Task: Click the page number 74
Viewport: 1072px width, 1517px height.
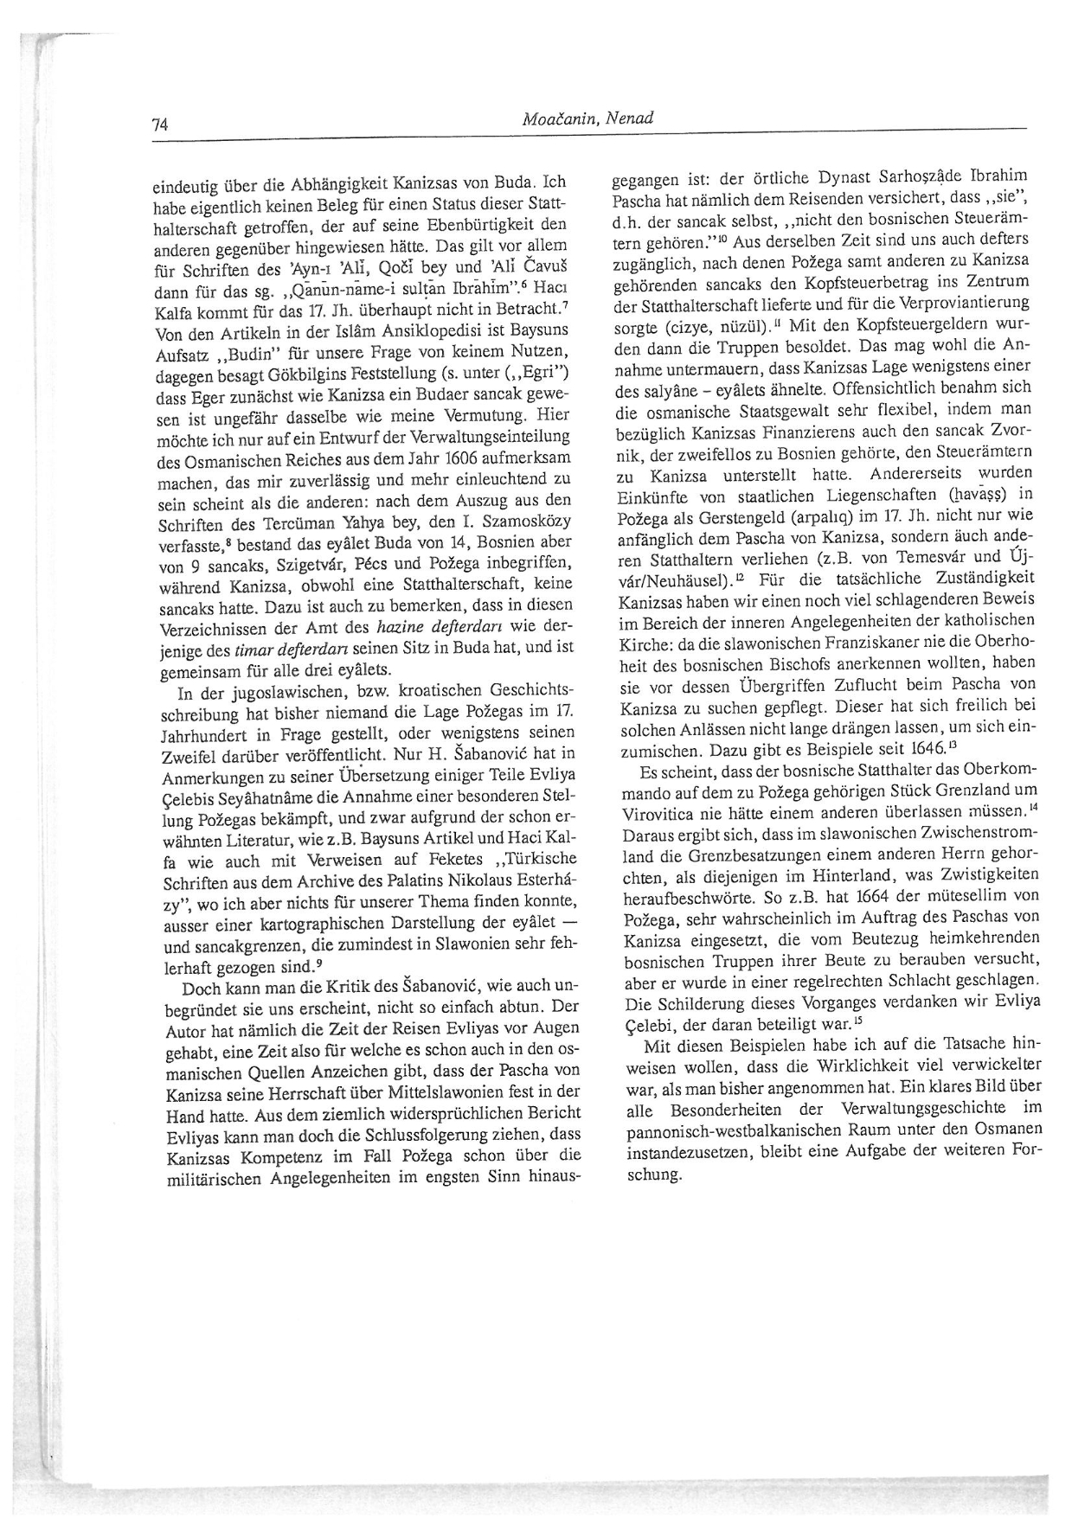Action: (159, 124)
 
